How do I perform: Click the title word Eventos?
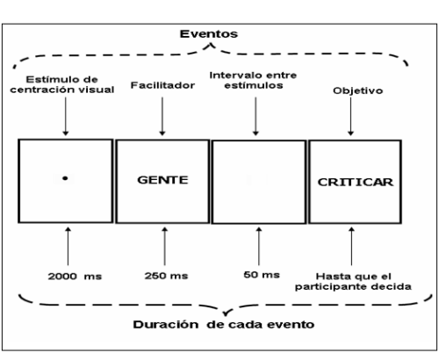pyautogui.click(x=209, y=34)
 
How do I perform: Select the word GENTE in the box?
pyautogui.click(x=162, y=180)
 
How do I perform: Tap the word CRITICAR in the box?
pyautogui.click(x=356, y=182)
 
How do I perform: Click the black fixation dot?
pyautogui.click(x=65, y=178)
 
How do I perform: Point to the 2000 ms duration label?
pyautogui.click(x=75, y=277)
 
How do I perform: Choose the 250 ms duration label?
pyautogui.click(x=166, y=276)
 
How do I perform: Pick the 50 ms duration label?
pyautogui.click(x=262, y=275)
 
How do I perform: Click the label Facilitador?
pyautogui.click(x=162, y=85)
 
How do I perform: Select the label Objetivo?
pyautogui.click(x=358, y=90)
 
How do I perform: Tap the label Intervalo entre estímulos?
pyautogui.click(x=253, y=80)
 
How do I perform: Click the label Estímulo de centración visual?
pyautogui.click(x=62, y=84)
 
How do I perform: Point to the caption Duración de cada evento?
pyautogui.click(x=224, y=325)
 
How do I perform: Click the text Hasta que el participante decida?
pyautogui.click(x=353, y=282)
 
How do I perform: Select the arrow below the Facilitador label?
pyautogui.click(x=162, y=116)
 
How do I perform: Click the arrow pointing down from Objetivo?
pyautogui.click(x=351, y=116)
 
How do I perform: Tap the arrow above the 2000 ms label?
pyautogui.click(x=68, y=246)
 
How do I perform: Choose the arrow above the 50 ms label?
pyautogui.click(x=259, y=246)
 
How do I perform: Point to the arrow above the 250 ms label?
pyautogui.click(x=165, y=246)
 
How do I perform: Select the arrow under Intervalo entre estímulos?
pyautogui.click(x=255, y=116)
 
